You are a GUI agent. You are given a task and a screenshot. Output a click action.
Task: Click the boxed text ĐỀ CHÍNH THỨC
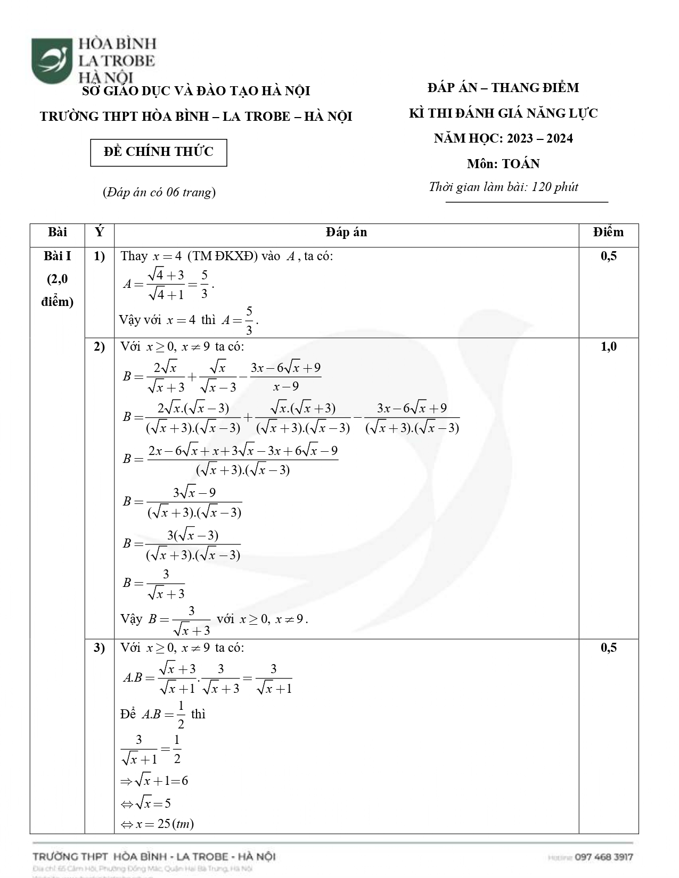click(x=159, y=152)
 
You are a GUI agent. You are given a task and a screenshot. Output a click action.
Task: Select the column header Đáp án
click(x=346, y=233)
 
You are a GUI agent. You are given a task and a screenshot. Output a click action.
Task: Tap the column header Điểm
click(x=608, y=233)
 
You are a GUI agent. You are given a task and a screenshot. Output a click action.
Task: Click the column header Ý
click(x=99, y=233)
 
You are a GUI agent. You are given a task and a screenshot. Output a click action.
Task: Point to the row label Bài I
click(x=58, y=256)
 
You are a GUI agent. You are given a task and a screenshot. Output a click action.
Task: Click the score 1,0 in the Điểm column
click(x=608, y=347)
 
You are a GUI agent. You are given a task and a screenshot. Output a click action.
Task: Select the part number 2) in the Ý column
click(x=99, y=347)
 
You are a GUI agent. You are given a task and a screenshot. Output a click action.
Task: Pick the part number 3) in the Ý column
click(x=99, y=648)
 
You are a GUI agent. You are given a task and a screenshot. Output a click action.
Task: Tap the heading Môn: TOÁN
click(x=503, y=164)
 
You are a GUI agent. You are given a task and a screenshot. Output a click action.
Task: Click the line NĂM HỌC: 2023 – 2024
click(x=503, y=139)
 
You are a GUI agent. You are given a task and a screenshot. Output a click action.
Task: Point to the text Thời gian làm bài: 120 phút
click(x=503, y=187)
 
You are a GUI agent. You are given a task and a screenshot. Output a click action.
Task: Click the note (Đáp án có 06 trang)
click(x=159, y=192)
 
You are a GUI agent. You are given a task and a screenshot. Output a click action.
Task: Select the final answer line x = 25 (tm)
click(x=158, y=824)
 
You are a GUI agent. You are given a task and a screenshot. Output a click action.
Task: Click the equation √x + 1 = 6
click(x=154, y=781)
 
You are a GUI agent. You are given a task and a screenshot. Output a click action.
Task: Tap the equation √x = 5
click(x=146, y=803)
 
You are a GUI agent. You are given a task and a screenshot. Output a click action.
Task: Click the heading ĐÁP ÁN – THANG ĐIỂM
click(x=503, y=88)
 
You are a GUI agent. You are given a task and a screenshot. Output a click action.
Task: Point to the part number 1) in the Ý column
click(x=99, y=256)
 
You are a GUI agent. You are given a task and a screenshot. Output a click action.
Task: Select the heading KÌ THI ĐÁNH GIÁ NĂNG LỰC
click(x=503, y=113)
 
